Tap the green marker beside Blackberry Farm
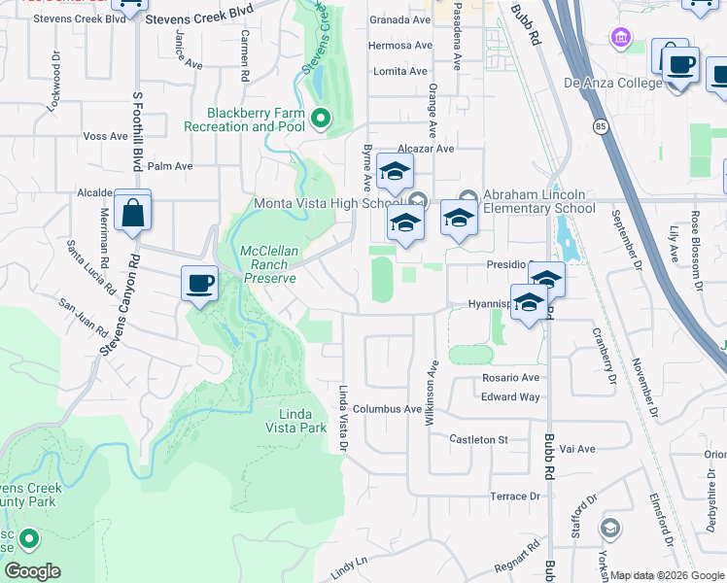(319, 120)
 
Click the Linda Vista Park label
(295, 420)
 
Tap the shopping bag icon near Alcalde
(132, 211)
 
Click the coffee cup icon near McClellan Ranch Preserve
(199, 284)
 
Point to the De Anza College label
(612, 83)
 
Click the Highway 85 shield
(591, 126)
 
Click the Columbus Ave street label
(387, 409)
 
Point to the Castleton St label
(478, 439)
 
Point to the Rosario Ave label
(510, 378)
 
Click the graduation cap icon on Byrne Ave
(395, 172)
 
